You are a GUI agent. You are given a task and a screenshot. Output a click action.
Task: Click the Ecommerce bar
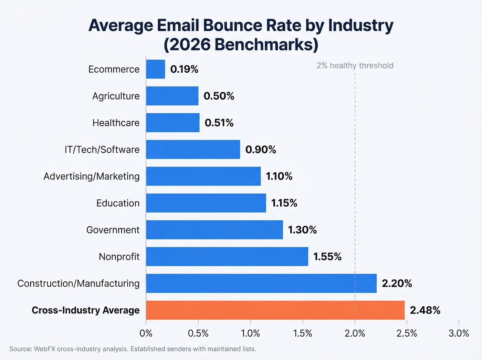coord(156,69)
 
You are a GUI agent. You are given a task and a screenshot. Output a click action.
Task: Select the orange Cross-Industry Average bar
coord(275,310)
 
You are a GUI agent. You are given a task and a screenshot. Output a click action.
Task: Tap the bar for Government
coord(214,230)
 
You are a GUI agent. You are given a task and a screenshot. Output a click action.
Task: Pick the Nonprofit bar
coord(227,257)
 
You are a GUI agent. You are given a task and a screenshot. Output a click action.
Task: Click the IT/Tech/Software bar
coord(193,150)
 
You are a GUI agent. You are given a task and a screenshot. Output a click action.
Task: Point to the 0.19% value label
coord(184,69)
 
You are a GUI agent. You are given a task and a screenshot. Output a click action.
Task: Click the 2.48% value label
coord(425,310)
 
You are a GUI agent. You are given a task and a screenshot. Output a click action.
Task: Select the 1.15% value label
coord(284,203)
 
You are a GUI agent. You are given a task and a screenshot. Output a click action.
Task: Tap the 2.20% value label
coord(397,284)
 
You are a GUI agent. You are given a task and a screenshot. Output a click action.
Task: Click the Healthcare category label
coord(116,123)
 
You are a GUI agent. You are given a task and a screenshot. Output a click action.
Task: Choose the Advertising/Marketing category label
coord(92,176)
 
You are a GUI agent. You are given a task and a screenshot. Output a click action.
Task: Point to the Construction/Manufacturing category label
coord(78,284)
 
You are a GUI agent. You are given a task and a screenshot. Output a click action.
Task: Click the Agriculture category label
coord(116,96)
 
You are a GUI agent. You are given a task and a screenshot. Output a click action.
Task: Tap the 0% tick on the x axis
coord(146,333)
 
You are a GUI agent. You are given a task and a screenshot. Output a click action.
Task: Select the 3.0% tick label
coord(459,333)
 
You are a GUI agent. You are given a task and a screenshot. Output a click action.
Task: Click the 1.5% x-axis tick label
coord(302,333)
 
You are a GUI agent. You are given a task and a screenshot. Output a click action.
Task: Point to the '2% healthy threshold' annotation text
coord(355,65)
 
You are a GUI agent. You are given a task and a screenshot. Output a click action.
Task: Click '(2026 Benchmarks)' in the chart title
coord(241,45)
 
